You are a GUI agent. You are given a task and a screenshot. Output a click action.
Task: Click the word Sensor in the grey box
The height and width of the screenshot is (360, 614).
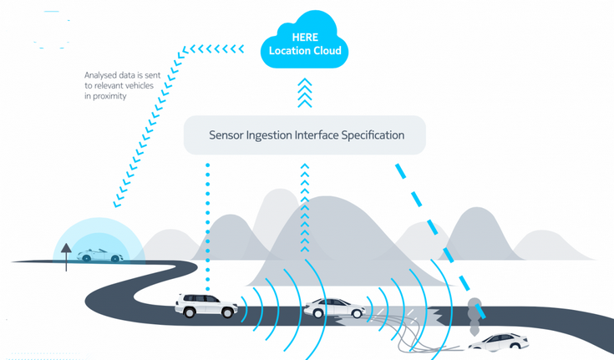coord(228,134)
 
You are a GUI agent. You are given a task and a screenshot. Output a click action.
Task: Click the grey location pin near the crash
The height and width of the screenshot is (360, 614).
coord(475,310)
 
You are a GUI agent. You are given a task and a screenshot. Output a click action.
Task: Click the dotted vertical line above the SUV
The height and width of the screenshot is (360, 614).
coord(206,226)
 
